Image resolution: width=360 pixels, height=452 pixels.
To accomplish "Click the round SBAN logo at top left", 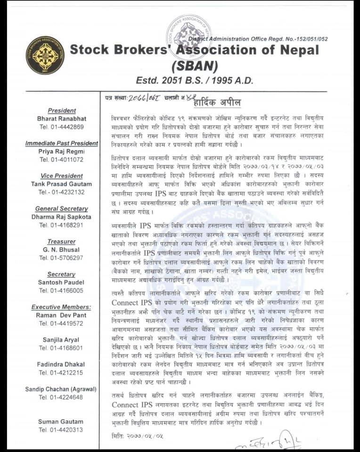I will [45, 55].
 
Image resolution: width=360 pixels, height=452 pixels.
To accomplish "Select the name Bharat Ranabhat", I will [62, 119].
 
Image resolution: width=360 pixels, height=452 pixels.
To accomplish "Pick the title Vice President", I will [62, 176].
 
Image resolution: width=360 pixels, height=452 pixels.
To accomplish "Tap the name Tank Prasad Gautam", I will [62, 184].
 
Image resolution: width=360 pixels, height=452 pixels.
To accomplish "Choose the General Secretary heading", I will [62, 209].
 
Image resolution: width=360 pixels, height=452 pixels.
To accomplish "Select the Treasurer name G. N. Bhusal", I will [62, 250].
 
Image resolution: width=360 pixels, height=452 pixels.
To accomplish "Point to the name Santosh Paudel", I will [62, 282].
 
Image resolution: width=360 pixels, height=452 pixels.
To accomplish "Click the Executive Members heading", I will [62, 307].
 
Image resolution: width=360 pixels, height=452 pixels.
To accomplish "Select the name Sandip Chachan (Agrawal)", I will [62, 389].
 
